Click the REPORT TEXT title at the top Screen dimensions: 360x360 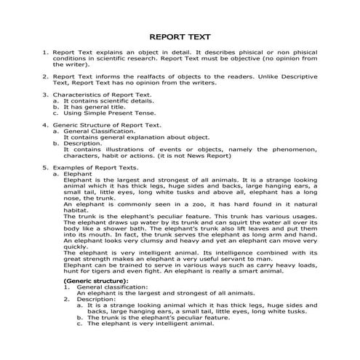(180, 36)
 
